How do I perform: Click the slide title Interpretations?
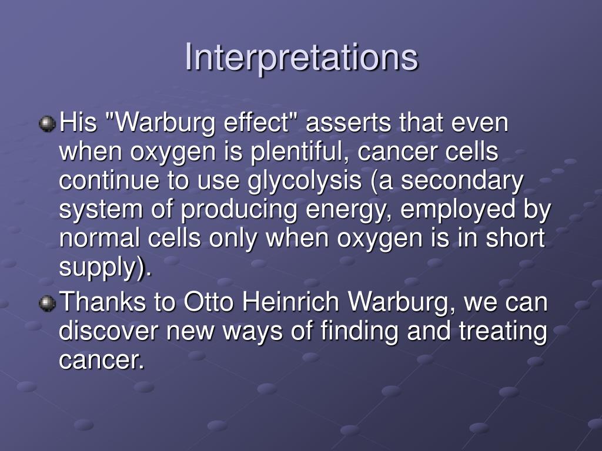301,58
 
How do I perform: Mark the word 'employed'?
450,210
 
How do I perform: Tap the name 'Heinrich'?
285,303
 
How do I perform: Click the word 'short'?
519,239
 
